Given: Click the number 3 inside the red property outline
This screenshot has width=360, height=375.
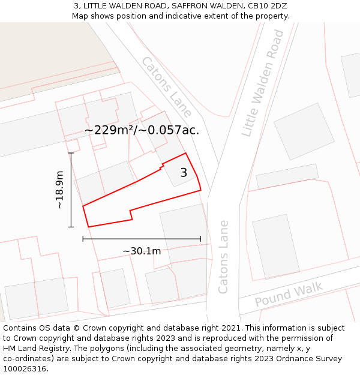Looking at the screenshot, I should pos(184,173).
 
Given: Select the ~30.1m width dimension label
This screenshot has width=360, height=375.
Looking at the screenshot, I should pos(142,251).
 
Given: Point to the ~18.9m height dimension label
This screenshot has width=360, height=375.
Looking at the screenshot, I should pos(59,190).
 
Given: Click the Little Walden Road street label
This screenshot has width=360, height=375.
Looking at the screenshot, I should pos(263,83).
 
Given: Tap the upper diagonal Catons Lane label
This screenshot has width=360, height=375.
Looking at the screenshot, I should pos(167,86).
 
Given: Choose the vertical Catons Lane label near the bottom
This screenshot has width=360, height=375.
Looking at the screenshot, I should pos(223,257).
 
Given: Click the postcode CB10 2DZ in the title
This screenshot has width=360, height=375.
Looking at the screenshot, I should pos(267,5).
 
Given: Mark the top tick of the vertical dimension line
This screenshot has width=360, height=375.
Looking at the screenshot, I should pos(71,153).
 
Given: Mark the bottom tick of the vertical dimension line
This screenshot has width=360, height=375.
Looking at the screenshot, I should pos(71,227).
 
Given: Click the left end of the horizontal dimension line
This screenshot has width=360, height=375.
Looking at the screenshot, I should pos(83,239).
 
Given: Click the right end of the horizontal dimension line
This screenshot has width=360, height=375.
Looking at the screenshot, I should pos(201,239).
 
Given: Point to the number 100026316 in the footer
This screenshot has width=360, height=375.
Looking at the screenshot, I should pos(25,369).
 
